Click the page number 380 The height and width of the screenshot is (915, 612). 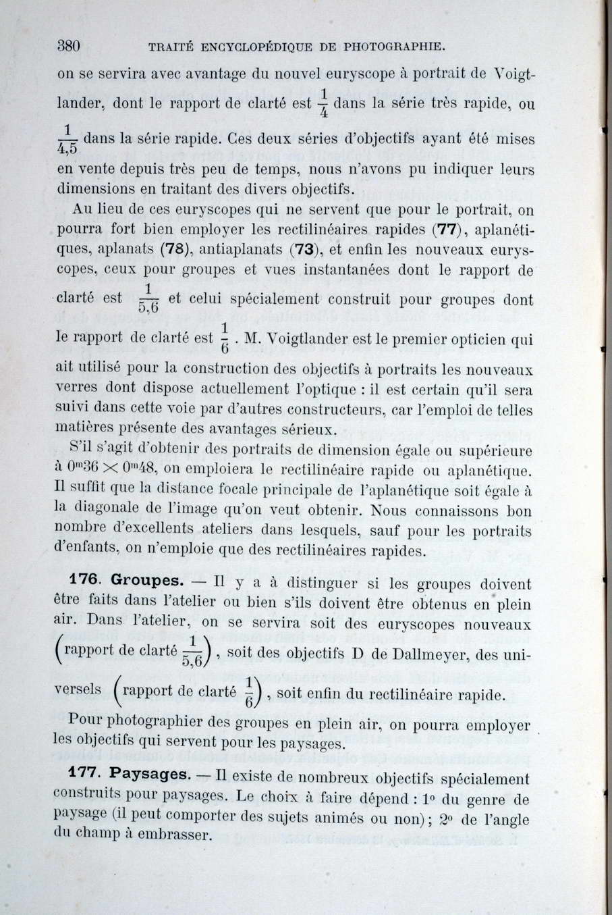pos(69,46)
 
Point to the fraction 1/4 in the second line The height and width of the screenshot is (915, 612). pos(324,103)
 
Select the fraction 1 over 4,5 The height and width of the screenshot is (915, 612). pos(67,138)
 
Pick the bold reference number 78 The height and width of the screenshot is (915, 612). pos(173,249)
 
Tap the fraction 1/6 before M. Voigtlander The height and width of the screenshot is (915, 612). pos(225,337)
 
